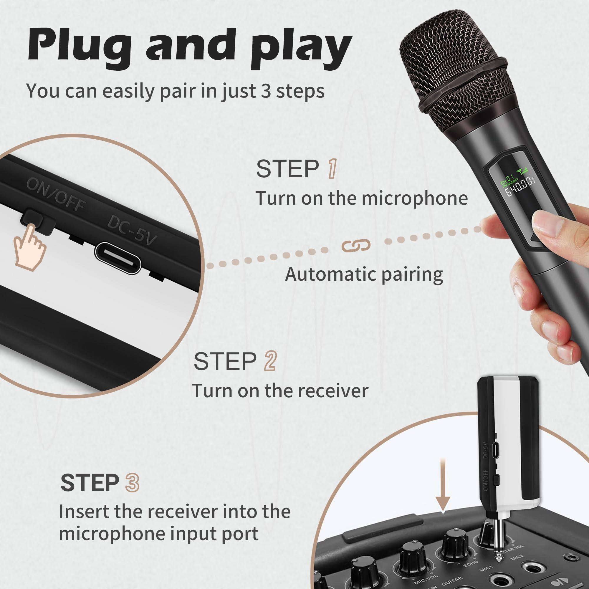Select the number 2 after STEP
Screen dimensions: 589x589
270,361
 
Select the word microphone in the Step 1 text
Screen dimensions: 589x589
415,198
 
